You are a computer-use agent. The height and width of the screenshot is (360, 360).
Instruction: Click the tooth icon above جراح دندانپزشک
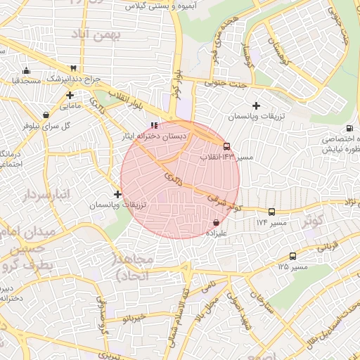point(73,68)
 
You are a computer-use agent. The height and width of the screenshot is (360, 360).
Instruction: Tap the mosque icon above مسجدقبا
point(26,70)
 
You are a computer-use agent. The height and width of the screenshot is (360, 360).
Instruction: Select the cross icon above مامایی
point(70,95)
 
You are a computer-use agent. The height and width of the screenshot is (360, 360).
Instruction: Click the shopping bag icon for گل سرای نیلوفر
point(46,115)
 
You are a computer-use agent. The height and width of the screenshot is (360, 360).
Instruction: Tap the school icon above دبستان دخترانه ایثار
point(155,125)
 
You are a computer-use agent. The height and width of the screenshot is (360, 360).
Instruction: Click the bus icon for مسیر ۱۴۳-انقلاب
point(226,146)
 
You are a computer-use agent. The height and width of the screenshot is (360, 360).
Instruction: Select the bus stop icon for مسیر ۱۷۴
point(271,211)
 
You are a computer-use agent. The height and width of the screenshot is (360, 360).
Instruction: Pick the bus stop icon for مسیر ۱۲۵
point(292,257)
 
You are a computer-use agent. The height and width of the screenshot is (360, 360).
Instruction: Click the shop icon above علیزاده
point(216,223)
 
